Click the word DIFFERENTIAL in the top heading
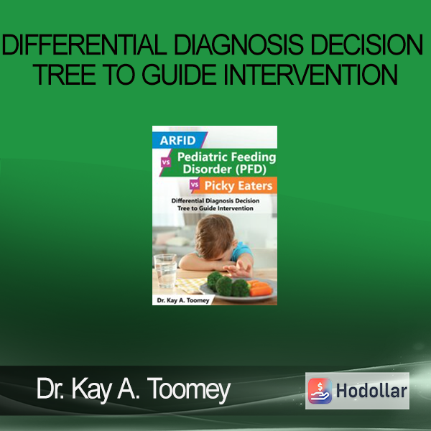[84, 45]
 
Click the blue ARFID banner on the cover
[178, 140]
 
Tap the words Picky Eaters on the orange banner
[238, 186]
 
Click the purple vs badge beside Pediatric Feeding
[166, 162]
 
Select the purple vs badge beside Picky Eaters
[195, 185]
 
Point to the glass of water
[165, 271]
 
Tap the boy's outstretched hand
[237, 269]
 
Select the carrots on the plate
[260, 289]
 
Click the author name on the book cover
[183, 300]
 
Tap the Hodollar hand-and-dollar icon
[320, 391]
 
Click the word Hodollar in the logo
[371, 391]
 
